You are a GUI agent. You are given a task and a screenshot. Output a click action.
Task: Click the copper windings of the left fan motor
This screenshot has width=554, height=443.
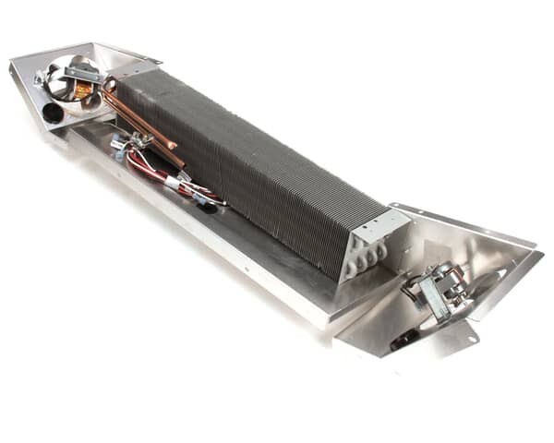pos(84,90)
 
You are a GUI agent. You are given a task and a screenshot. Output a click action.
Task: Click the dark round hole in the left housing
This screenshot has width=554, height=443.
pos(53,113)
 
